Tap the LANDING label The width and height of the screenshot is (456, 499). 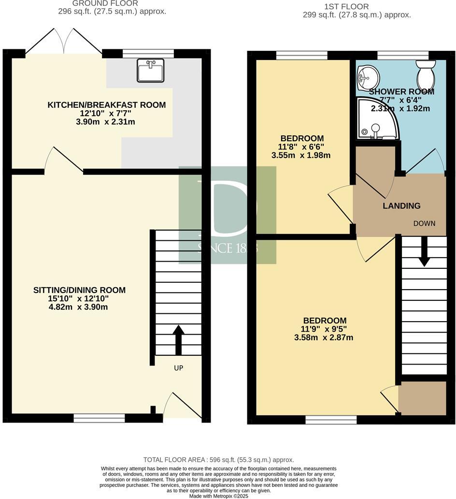[x=401, y=206]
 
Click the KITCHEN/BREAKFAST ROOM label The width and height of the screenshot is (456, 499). [x=106, y=105]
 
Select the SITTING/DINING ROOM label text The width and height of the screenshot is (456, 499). [x=79, y=290]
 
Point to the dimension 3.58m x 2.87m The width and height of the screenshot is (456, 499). [x=324, y=338]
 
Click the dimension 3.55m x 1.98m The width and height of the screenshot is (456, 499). [x=301, y=155]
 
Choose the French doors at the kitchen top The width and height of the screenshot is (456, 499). [x=64, y=41]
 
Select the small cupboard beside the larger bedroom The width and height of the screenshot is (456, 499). [x=422, y=398]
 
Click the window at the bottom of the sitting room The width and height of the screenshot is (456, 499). [x=99, y=418]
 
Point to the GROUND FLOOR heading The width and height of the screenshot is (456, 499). [x=105, y=3]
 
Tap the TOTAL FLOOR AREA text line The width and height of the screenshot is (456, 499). [x=218, y=460]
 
